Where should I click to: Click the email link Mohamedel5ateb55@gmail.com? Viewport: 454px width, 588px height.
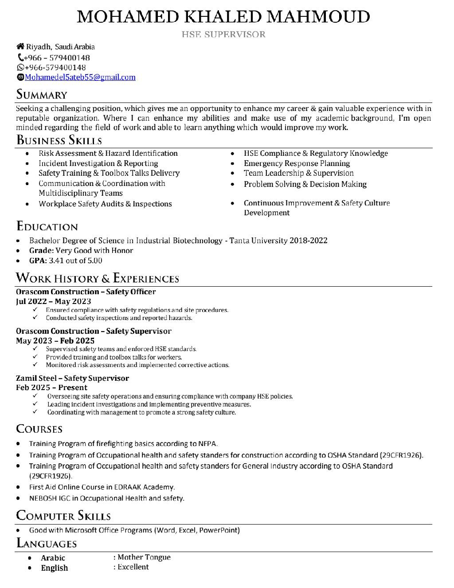click(x=80, y=77)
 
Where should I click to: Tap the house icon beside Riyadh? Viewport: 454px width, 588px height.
click(x=20, y=47)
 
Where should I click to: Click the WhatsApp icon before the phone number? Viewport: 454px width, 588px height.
click(x=20, y=67)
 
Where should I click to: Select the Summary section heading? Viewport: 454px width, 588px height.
click(x=42, y=95)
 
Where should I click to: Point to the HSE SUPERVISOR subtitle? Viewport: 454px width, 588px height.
click(x=223, y=34)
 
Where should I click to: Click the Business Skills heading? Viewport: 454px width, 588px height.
click(x=59, y=141)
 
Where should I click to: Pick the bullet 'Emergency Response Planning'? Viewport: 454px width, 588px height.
click(x=297, y=163)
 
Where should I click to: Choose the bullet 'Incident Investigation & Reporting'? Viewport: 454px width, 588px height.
click(x=98, y=163)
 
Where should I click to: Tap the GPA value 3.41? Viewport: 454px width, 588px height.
click(x=56, y=260)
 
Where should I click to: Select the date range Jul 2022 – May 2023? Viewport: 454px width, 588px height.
click(x=53, y=301)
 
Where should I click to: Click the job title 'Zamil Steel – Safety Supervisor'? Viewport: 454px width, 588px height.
click(x=72, y=378)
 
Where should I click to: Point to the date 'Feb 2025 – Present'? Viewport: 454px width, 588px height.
click(x=51, y=387)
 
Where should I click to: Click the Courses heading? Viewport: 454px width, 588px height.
click(x=39, y=429)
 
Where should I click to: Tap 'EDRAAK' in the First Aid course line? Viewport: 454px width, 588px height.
click(x=128, y=487)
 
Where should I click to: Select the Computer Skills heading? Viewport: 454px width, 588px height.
click(x=63, y=516)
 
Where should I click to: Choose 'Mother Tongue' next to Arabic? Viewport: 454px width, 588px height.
click(x=144, y=557)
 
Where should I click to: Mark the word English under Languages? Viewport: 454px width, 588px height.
click(x=55, y=568)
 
